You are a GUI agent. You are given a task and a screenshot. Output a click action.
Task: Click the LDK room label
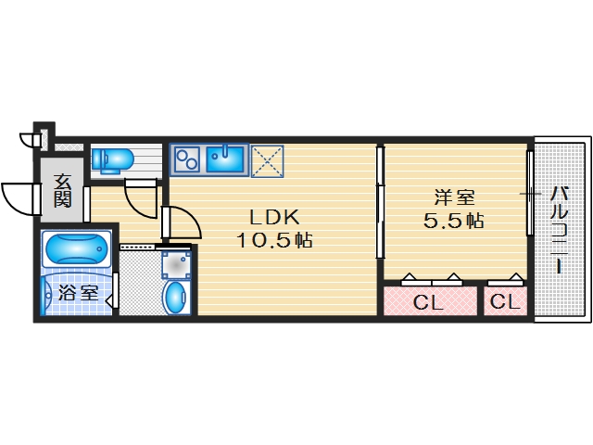pos(272,219)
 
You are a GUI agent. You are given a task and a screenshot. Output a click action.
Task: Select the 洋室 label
pos(455,198)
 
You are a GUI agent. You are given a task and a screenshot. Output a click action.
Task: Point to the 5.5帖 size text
pos(455,222)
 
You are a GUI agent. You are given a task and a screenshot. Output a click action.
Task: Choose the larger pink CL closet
pos(428,301)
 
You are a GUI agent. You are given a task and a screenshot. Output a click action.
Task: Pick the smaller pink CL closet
pos(504,301)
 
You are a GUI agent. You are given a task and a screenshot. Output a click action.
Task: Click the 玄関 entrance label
pos(62,190)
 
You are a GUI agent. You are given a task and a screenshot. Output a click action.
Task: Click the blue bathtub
pos(76,250)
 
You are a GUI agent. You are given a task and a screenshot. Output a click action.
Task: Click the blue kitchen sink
pos(225,160)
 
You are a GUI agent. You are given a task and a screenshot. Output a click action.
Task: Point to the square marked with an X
pos(268,160)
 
